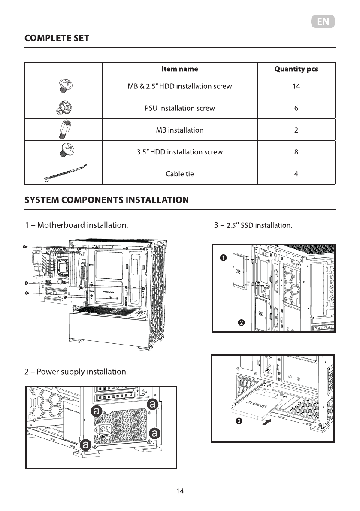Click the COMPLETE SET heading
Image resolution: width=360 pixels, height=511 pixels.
click(57, 38)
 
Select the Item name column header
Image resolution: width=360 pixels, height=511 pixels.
click(180, 69)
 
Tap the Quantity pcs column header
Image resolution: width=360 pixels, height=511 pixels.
click(296, 69)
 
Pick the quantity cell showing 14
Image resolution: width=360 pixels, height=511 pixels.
click(296, 86)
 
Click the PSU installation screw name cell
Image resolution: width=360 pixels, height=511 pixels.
click(180, 108)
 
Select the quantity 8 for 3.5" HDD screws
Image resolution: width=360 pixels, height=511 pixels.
click(296, 152)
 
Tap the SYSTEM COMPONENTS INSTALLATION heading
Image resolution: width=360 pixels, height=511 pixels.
click(107, 200)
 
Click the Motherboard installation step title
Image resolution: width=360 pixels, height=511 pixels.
click(76, 225)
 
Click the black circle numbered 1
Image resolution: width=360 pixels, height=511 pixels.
click(223, 258)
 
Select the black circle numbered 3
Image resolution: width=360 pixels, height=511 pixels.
click(239, 421)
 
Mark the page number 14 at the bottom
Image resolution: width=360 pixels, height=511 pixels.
click(180, 491)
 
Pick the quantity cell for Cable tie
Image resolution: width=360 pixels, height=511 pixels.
click(296, 174)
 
